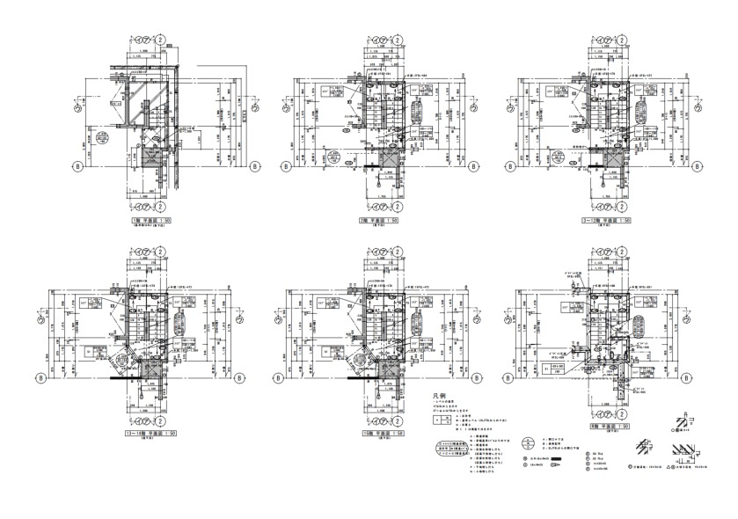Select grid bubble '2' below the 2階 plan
click(x=398, y=210)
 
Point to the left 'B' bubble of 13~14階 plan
click(x=40, y=377)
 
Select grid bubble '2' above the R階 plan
click(x=626, y=252)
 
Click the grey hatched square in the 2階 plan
click(x=383, y=158)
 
